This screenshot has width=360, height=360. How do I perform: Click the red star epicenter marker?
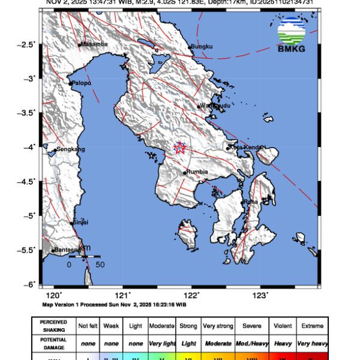tap(180, 148)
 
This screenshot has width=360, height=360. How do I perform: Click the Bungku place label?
tap(202, 46)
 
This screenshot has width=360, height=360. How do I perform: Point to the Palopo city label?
tap(82, 83)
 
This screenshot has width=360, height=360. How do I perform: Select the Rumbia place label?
tap(197, 172)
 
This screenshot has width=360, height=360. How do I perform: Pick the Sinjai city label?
tap(80, 223)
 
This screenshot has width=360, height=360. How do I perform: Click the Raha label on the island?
tap(251, 202)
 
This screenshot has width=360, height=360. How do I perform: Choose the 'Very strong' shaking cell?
tap(217, 326)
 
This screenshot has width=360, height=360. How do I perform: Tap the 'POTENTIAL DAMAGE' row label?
tap(53, 343)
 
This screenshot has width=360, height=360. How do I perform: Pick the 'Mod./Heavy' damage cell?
tap(251, 343)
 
